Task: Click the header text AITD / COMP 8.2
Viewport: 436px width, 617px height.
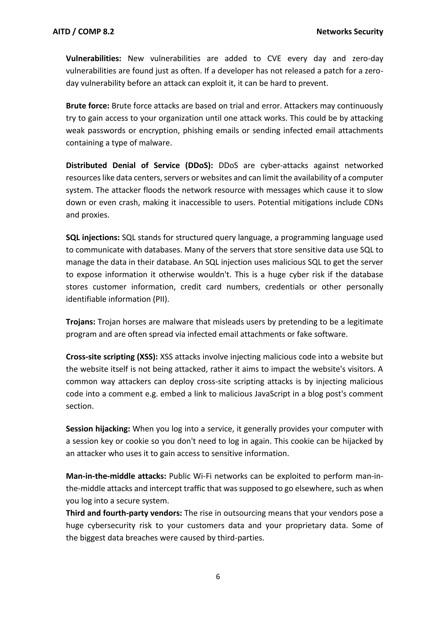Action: pyautogui.click(x=83, y=32)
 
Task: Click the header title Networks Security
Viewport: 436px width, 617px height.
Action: pyautogui.click(x=350, y=32)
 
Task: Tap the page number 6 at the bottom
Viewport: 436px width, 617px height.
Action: pyautogui.click(x=218, y=577)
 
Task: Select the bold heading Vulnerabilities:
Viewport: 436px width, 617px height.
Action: pyautogui.click(x=94, y=58)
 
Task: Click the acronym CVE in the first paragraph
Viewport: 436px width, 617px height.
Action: pyautogui.click(x=274, y=58)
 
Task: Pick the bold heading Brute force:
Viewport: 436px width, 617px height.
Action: pyautogui.click(x=87, y=106)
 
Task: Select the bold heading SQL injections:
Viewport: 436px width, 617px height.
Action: pyautogui.click(x=93, y=238)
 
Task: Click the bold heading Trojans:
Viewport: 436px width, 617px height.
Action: pyautogui.click(x=80, y=322)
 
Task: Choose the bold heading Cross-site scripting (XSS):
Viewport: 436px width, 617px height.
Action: pyautogui.click(x=112, y=357)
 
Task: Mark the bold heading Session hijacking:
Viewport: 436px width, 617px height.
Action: pyautogui.click(x=98, y=429)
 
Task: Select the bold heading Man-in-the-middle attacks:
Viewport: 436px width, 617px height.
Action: pyautogui.click(x=116, y=476)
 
